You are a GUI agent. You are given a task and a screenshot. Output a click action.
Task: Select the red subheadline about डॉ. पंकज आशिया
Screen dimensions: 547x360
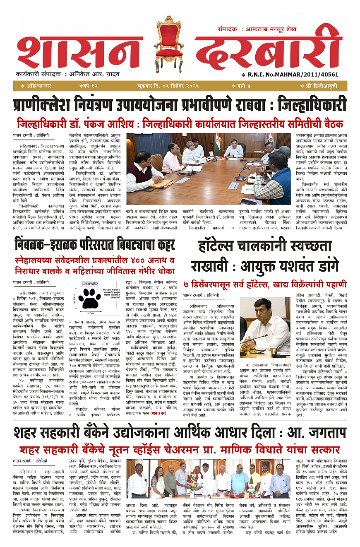(x=180, y=123)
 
